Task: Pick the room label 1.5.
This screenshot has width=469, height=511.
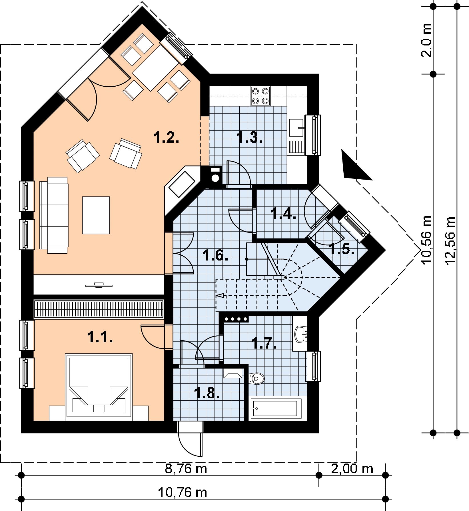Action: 342,249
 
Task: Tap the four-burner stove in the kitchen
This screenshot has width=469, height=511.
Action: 260,96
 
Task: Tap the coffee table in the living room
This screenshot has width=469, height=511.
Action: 96,215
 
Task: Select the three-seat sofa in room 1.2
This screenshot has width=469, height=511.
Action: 54,215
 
